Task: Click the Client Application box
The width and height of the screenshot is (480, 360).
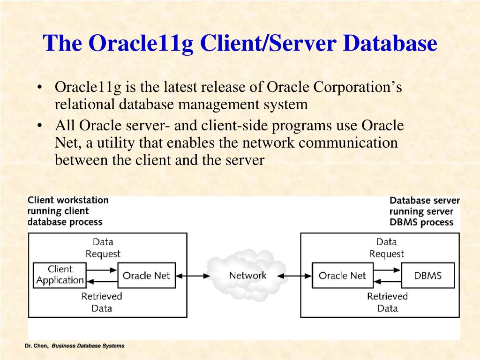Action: (x=60, y=275)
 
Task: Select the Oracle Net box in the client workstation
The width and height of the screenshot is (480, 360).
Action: (x=146, y=275)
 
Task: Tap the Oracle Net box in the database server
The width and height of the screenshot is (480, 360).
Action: (x=342, y=275)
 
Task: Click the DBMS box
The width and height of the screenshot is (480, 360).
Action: (x=427, y=275)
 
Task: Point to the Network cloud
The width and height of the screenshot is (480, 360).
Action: (x=247, y=275)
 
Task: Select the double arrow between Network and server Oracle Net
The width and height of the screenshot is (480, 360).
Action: (x=298, y=276)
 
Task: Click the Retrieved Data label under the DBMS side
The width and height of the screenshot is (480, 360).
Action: (x=387, y=302)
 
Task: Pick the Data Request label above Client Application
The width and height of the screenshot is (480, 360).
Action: (x=103, y=247)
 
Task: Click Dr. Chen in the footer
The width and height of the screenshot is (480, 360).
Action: (x=37, y=346)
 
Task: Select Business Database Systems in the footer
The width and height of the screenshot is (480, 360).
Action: (x=88, y=346)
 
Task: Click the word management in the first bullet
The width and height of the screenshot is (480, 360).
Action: (x=211, y=104)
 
